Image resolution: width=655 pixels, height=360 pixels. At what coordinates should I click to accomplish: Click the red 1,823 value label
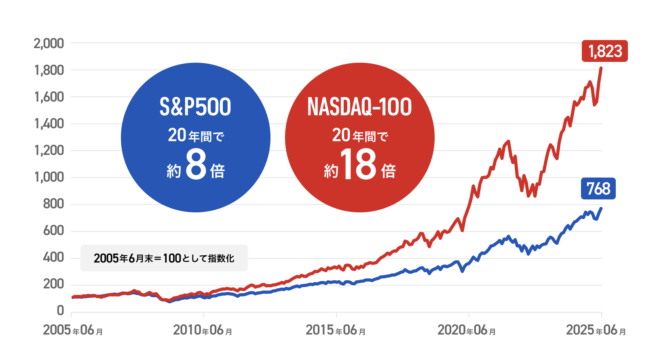point(604,51)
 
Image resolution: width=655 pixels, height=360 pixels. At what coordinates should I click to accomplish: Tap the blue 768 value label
point(598,188)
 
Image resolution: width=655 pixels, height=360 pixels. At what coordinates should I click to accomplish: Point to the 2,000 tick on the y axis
point(49,43)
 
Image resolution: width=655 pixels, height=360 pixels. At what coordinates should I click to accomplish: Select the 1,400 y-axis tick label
point(49,123)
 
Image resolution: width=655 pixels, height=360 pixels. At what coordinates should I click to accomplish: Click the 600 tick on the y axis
point(53,231)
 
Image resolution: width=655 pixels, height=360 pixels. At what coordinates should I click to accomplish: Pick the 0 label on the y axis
point(60,311)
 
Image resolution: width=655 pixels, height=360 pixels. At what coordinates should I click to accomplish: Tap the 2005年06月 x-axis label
point(73,330)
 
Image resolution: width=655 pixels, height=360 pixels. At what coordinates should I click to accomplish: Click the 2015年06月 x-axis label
point(336,330)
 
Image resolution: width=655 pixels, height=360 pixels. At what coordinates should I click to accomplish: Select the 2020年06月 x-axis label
point(467,330)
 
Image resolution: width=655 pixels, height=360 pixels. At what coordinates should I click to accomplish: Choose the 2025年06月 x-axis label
point(596,330)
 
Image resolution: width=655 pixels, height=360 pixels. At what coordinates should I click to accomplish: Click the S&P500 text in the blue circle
point(195,107)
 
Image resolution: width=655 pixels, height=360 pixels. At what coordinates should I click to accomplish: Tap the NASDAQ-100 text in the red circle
point(359,107)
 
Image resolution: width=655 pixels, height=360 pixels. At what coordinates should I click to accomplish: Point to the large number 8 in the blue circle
point(196,164)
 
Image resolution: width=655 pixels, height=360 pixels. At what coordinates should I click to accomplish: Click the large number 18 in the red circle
point(358,164)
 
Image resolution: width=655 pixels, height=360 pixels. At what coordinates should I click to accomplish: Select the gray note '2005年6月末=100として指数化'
point(164,258)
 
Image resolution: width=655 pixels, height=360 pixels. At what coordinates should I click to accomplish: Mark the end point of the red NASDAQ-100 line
point(601,68)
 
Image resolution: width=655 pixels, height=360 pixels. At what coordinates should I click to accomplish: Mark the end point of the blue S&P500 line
point(601,208)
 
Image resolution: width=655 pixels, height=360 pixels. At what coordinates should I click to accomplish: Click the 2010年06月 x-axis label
point(203,330)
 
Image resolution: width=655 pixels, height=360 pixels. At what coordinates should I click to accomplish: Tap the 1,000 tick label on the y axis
point(49,177)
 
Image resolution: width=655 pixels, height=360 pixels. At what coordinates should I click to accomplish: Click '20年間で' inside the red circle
point(360,136)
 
